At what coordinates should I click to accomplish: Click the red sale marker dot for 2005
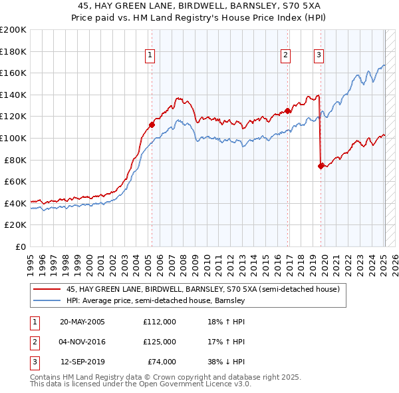click(x=152, y=124)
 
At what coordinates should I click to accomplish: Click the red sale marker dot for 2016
click(x=287, y=111)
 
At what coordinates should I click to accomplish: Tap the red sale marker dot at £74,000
click(x=321, y=167)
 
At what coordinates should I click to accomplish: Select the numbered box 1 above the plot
click(x=150, y=55)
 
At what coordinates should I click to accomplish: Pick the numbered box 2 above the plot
click(x=285, y=55)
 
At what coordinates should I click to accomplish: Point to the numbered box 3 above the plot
click(x=319, y=55)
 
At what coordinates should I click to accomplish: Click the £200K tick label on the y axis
click(x=13, y=30)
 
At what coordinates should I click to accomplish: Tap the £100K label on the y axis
click(x=13, y=138)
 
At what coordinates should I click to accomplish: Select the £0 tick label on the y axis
click(x=20, y=246)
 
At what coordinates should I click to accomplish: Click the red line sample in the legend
click(x=47, y=290)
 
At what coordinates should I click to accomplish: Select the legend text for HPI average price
click(x=156, y=300)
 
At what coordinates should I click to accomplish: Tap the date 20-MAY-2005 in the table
click(x=82, y=322)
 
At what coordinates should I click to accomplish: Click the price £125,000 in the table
click(x=160, y=342)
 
